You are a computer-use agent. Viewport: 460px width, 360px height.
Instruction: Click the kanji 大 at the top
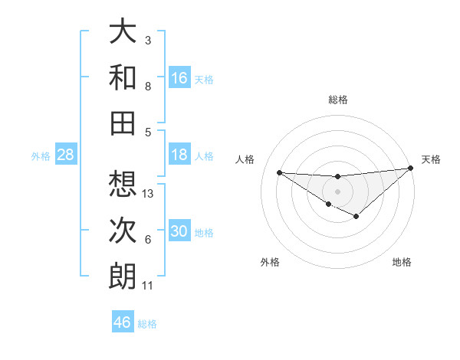point(123,32)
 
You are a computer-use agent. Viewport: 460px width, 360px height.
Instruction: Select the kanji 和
point(123,77)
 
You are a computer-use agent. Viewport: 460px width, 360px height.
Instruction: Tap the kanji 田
point(123,123)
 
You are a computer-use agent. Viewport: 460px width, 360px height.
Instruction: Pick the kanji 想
point(123,184)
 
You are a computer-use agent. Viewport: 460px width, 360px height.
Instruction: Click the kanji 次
point(123,230)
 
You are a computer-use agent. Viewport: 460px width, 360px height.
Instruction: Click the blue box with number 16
point(179,78)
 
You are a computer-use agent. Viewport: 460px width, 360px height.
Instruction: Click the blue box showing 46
point(123,322)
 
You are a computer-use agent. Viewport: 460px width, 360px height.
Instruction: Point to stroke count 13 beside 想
point(149,194)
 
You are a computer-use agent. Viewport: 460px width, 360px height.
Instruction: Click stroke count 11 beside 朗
point(148,286)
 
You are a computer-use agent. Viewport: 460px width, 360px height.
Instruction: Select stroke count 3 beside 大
point(148,41)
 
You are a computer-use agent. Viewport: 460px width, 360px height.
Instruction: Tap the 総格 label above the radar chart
point(338,100)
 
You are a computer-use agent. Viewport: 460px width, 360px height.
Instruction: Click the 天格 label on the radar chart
point(431,159)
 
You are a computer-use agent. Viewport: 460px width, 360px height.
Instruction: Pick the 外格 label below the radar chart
point(270,262)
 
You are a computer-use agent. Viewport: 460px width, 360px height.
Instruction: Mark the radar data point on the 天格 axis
point(410,169)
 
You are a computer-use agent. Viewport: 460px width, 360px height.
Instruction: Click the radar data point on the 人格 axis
point(279,172)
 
